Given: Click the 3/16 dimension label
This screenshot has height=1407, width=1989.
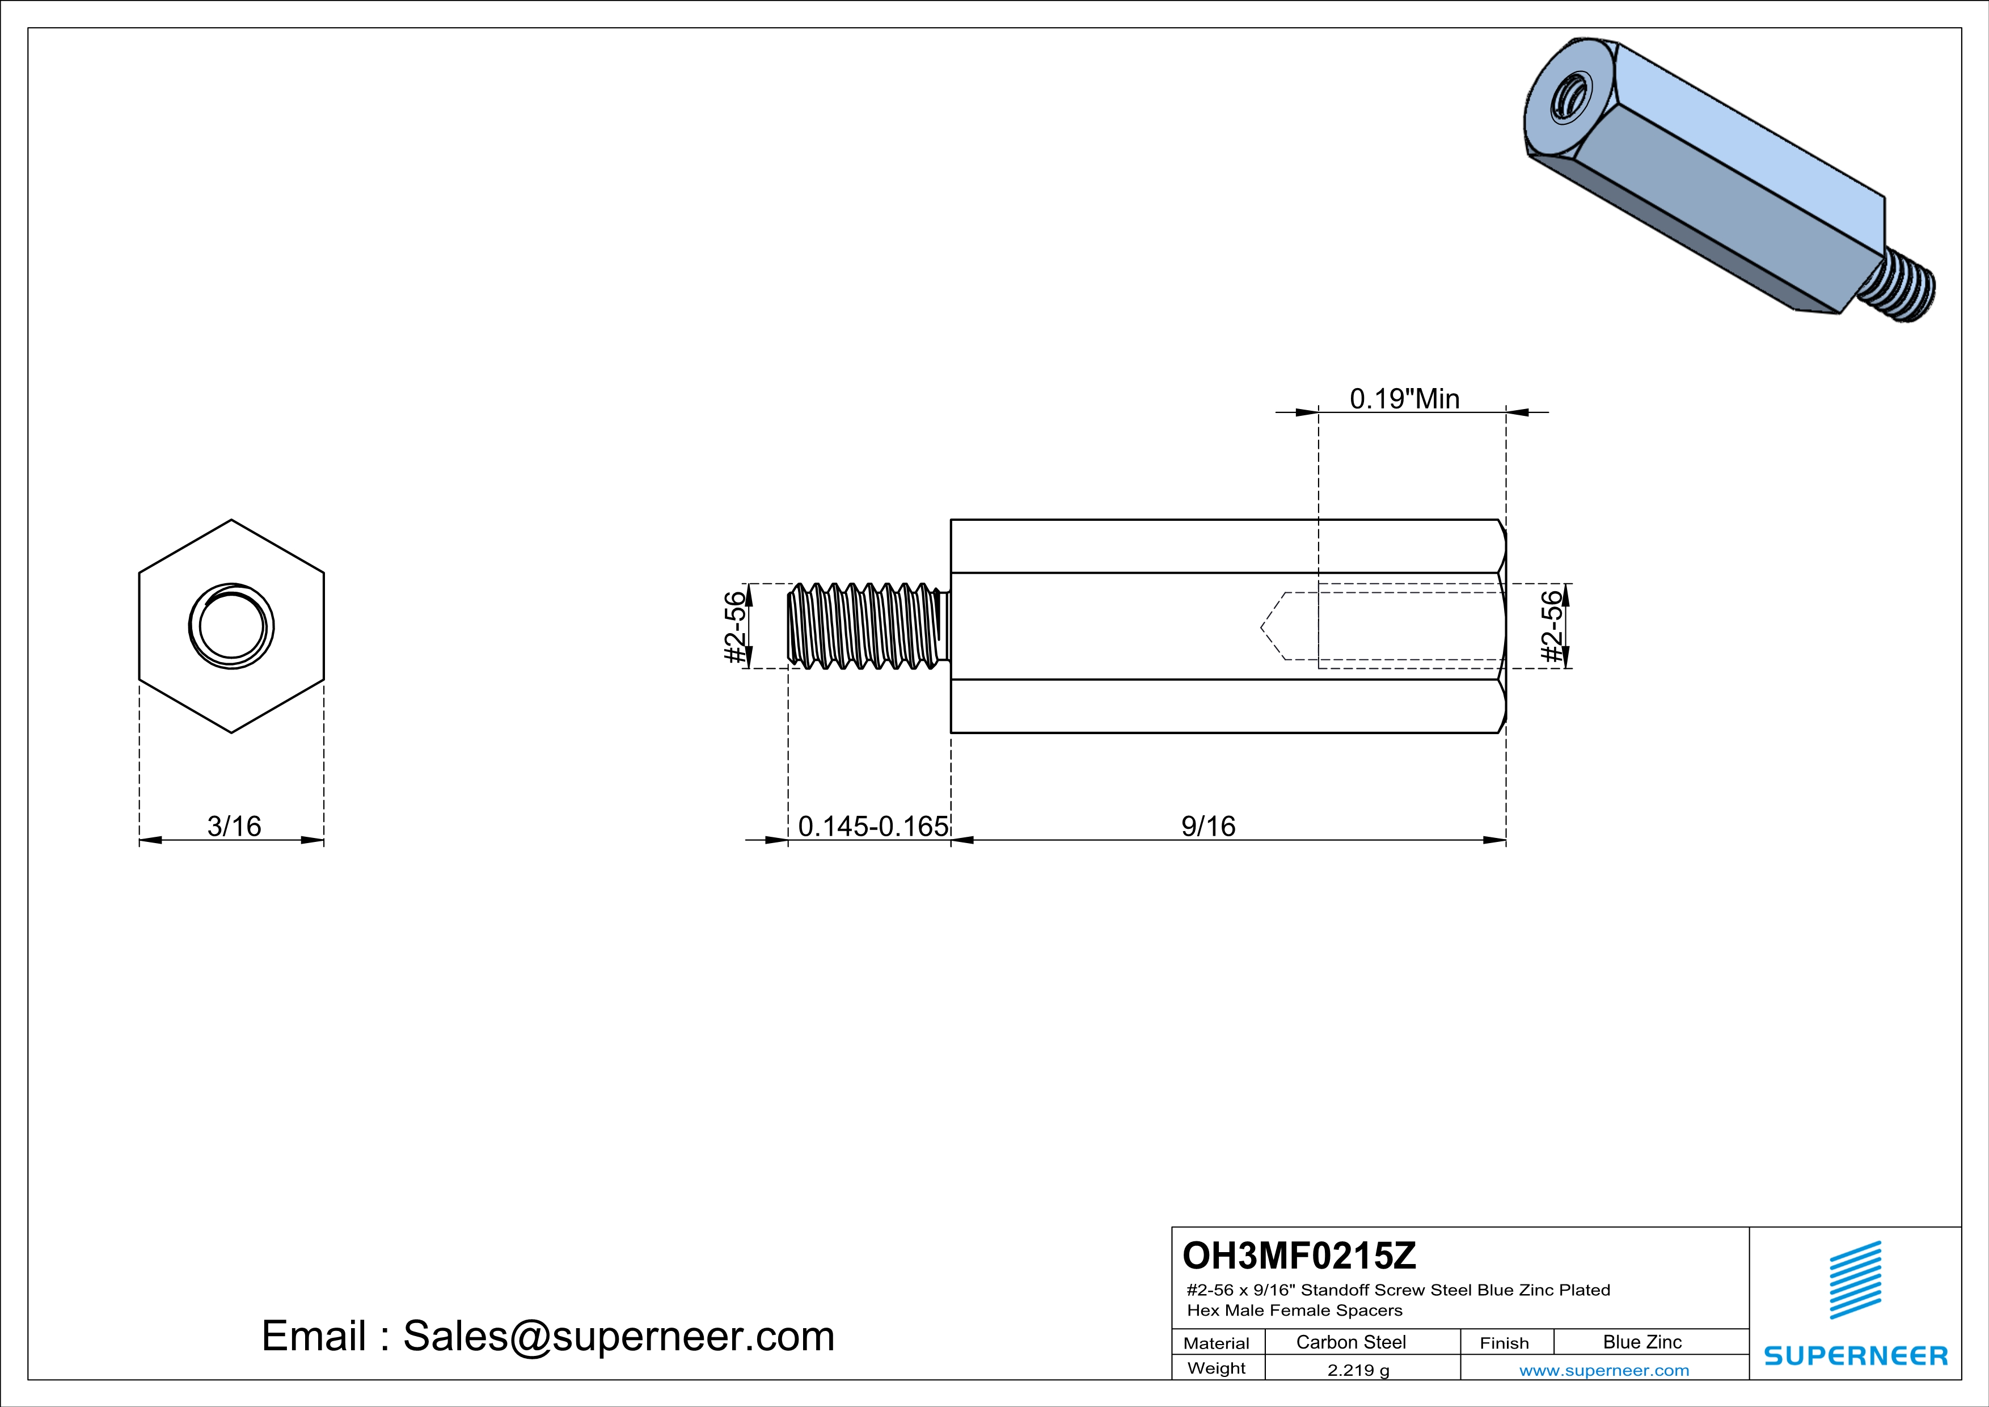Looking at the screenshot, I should [234, 827].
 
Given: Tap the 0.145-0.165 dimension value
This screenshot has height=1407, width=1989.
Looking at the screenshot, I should [872, 827].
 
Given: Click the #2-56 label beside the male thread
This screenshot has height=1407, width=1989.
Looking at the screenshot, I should [734, 627].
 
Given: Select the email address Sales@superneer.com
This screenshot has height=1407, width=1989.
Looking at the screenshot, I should [619, 1336].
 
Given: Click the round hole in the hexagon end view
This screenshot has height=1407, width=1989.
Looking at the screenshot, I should [231, 626].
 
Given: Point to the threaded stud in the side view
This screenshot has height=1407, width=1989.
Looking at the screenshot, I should [866, 626].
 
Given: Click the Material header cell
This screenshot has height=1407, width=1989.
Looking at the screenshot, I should [1217, 1343].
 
